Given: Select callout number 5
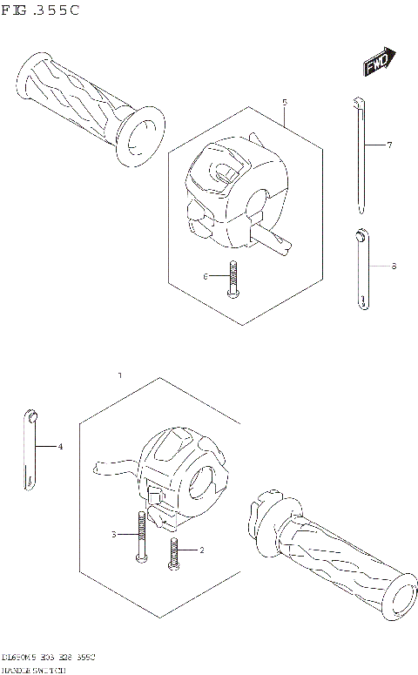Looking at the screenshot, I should click(285, 104).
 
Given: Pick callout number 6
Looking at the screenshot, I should click(206, 276).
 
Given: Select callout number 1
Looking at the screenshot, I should click(120, 375).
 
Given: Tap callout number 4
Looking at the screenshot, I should click(61, 447).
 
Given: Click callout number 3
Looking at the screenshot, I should click(113, 533).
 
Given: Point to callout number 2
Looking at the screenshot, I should click(201, 550).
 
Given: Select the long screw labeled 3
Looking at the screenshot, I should click(139, 537).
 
